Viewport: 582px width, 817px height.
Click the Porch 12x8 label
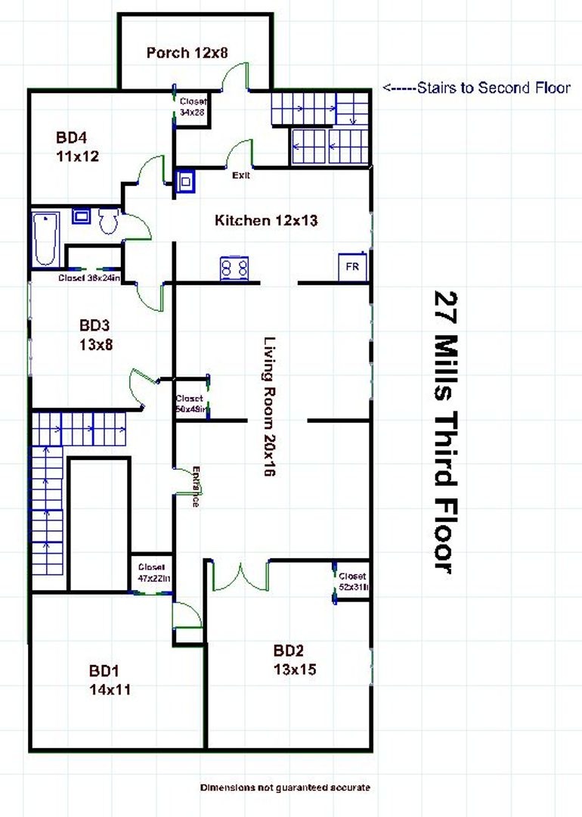tap(187, 52)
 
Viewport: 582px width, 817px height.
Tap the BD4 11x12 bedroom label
tap(78, 148)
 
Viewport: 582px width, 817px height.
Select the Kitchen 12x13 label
tap(266, 221)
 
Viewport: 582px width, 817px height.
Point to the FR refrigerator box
tap(353, 267)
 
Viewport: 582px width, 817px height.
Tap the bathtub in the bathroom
tap(45, 238)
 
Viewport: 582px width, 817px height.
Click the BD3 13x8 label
tap(95, 335)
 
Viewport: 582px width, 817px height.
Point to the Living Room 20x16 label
tap(268, 405)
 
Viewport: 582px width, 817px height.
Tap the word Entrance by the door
tap(196, 485)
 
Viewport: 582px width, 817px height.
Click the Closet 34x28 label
tap(193, 107)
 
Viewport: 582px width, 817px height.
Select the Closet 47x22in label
tap(153, 573)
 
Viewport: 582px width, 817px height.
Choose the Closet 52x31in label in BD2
tap(353, 581)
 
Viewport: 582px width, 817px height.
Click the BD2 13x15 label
tap(295, 660)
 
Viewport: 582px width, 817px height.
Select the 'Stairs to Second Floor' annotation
tap(476, 88)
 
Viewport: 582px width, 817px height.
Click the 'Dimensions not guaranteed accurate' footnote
tap(285, 787)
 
